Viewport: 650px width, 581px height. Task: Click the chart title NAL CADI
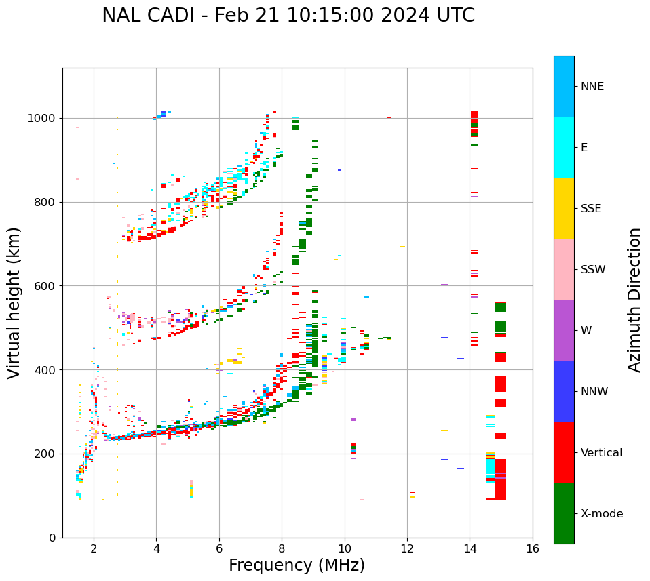tap(288, 16)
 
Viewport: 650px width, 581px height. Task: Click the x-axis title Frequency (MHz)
tap(297, 565)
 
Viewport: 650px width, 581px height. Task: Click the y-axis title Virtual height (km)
tap(14, 302)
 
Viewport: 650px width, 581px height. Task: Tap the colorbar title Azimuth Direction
tap(634, 300)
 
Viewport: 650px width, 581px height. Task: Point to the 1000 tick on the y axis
tap(45, 118)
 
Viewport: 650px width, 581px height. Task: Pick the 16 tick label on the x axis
tap(533, 549)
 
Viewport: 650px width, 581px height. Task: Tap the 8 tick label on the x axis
tap(282, 549)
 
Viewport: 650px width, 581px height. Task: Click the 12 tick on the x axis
tap(407, 549)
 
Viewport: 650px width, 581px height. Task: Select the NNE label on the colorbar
tap(592, 87)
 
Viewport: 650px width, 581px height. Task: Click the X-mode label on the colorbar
tap(602, 514)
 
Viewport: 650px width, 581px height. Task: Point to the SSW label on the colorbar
tap(593, 270)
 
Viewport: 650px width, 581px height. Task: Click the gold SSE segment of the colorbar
tap(564, 208)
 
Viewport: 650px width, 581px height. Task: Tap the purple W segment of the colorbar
tap(564, 330)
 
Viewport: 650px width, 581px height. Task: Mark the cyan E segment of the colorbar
tap(564, 147)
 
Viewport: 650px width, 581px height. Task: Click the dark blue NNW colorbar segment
tap(564, 391)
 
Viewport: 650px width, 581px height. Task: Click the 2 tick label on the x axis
tap(94, 549)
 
